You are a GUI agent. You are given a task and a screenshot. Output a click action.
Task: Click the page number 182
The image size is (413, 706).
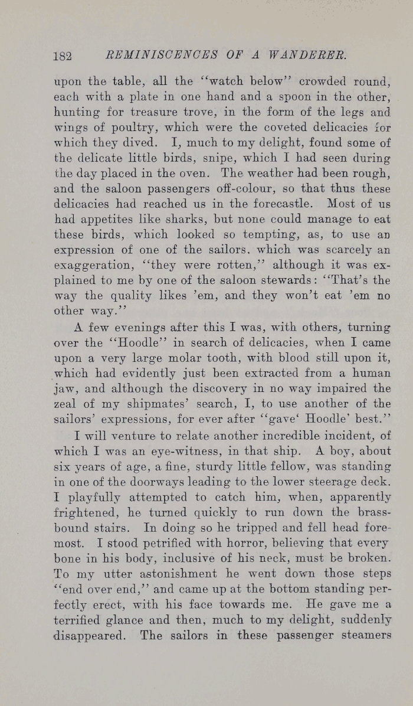pos(62,55)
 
